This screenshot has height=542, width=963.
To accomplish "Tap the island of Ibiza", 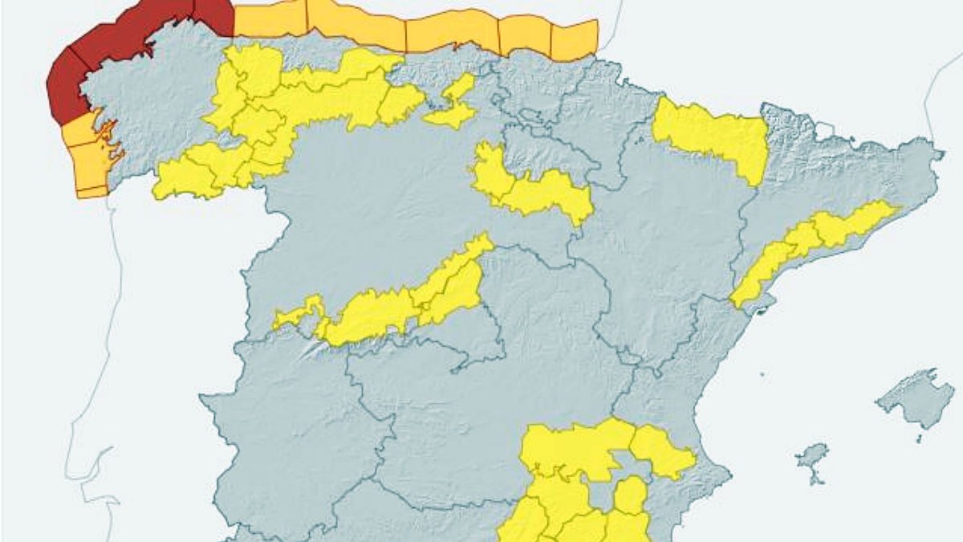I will [x=811, y=457].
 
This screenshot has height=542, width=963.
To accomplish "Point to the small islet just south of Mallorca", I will [x=920, y=438].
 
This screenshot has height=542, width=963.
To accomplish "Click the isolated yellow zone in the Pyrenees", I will [x=711, y=137].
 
